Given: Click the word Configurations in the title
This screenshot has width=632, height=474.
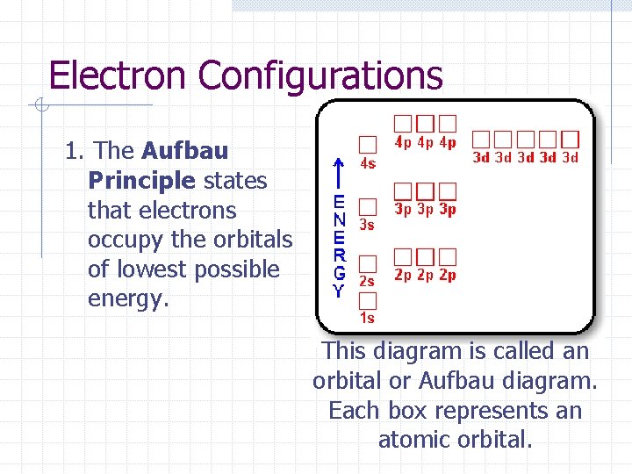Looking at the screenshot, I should pyautogui.click(x=320, y=75).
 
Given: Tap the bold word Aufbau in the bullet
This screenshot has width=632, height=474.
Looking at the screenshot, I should pyautogui.click(x=184, y=151).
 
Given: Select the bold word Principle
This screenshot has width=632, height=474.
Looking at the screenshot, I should pyautogui.click(x=141, y=181).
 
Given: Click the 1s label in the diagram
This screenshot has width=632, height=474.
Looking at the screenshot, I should pyautogui.click(x=367, y=318).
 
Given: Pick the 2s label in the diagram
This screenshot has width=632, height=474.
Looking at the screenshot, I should pyautogui.click(x=367, y=282).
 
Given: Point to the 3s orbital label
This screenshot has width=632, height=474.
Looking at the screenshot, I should pyautogui.click(x=367, y=225).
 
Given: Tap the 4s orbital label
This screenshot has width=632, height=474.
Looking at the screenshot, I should pyautogui.click(x=369, y=163).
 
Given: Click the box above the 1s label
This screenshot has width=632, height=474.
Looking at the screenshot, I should pyautogui.click(x=368, y=299).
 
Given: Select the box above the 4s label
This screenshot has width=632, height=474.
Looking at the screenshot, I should pyautogui.click(x=368, y=144).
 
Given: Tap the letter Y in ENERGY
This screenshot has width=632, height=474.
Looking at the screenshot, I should pyautogui.click(x=339, y=291).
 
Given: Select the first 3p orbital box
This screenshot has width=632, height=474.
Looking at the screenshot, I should pyautogui.click(x=403, y=190).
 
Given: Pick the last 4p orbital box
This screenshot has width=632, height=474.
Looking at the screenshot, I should pyautogui.click(x=448, y=124).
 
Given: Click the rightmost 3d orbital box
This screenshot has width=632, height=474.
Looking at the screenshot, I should pyautogui.click(x=571, y=139).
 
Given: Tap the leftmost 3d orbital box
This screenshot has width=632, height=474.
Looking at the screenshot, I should pyautogui.click(x=482, y=139).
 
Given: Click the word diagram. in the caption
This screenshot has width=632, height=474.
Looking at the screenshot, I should pyautogui.click(x=551, y=381).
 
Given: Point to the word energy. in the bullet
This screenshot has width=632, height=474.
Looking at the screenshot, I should pyautogui.click(x=127, y=298).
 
